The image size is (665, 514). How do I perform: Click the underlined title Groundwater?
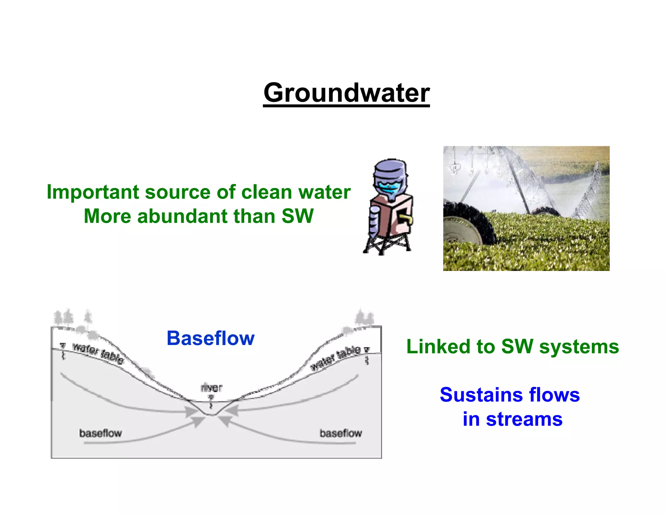click(346, 93)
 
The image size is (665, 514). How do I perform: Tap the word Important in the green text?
click(93, 192)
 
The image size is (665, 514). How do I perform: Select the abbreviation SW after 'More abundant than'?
click(297, 216)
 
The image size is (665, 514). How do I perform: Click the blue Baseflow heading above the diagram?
click(210, 338)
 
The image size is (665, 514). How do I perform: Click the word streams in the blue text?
click(524, 419)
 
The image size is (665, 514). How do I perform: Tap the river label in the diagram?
click(211, 388)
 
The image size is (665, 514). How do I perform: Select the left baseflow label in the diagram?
click(100, 433)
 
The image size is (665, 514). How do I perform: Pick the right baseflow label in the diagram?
click(341, 433)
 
